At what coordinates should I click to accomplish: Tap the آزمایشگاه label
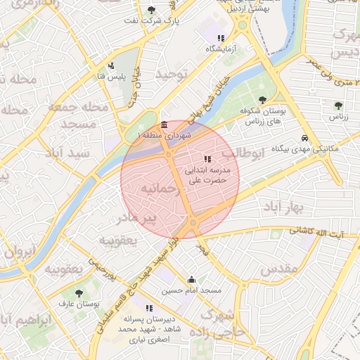click(x=219, y=49)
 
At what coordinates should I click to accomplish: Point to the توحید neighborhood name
click(x=172, y=74)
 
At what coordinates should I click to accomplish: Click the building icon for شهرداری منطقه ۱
click(x=164, y=124)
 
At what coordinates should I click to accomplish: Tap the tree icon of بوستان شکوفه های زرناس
click(x=263, y=100)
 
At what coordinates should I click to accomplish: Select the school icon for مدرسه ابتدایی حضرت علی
click(x=207, y=159)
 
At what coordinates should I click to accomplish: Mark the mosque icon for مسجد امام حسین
click(x=191, y=279)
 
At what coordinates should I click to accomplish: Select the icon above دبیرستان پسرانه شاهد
click(x=148, y=307)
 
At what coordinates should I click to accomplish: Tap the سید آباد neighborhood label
click(x=83, y=152)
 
